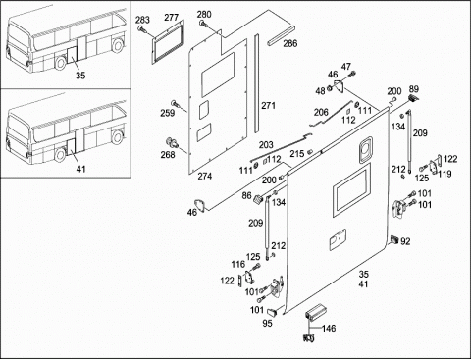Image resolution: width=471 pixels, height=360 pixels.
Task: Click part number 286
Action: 290,43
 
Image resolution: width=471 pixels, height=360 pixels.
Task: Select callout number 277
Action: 172,18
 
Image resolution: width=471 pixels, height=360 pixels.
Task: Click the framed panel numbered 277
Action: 167,41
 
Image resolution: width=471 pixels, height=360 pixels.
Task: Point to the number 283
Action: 142,20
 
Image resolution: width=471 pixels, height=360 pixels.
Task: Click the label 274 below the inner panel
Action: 205,177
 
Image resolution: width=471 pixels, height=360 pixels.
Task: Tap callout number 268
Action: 168,154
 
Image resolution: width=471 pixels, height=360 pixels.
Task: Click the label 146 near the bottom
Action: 329,328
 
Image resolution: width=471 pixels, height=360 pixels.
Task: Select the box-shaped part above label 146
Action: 315,311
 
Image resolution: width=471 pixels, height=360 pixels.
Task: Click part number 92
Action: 405,241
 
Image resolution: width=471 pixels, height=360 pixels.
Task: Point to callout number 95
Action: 268,323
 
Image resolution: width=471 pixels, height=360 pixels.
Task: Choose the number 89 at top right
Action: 414,89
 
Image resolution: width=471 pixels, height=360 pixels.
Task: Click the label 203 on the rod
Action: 266,145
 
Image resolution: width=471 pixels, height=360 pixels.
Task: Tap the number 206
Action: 321,112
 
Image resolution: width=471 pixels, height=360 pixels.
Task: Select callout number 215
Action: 297,154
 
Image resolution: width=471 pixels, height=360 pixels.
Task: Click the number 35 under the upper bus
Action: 80,76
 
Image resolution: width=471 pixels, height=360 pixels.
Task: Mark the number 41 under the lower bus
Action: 80,169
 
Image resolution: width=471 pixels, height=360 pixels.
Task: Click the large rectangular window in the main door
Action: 352,190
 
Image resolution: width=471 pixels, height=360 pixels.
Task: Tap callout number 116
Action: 238,264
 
